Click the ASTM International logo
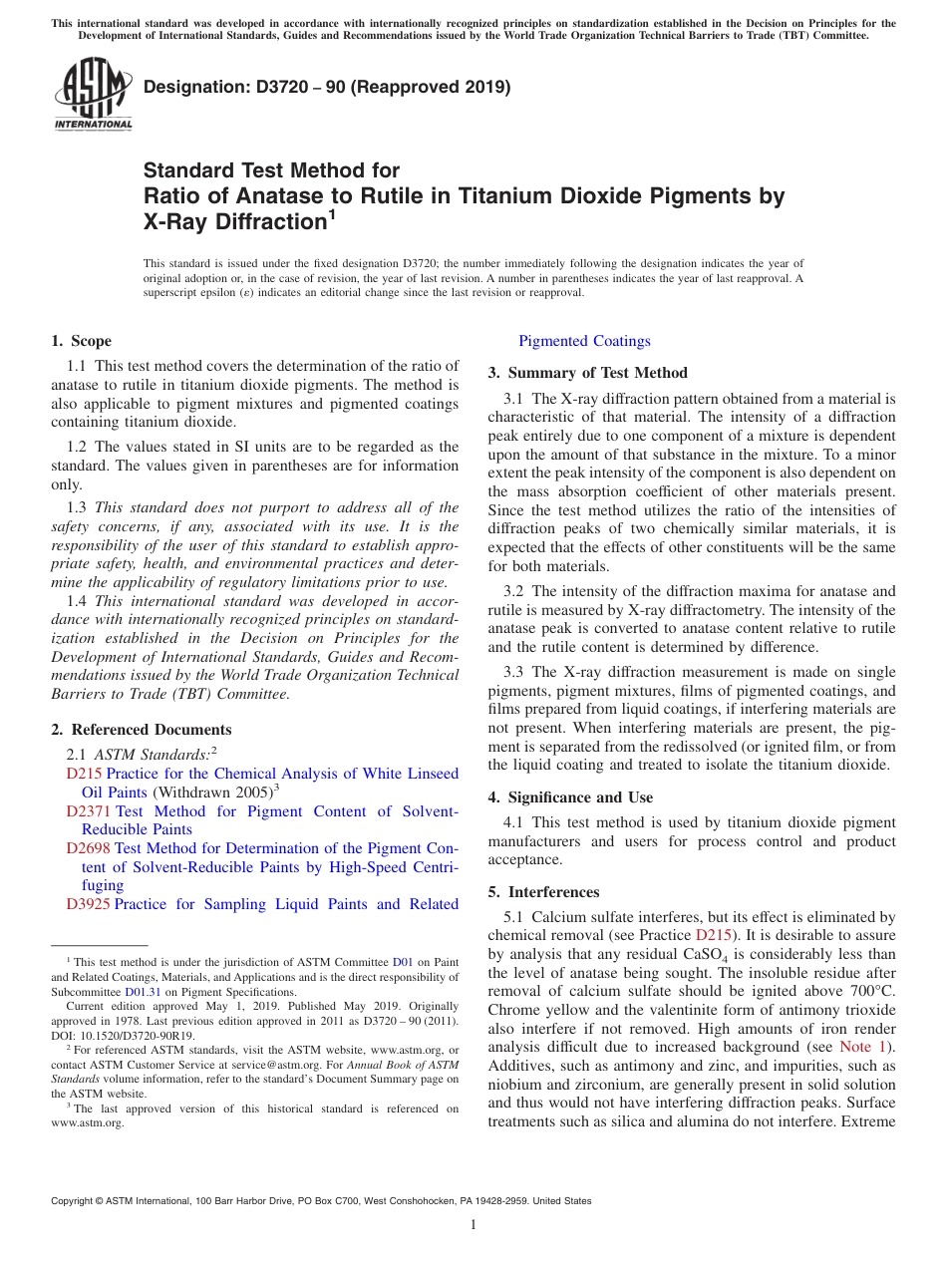point(93,94)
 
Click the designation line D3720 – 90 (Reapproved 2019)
point(327,87)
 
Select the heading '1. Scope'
point(82,341)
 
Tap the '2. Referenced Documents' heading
point(142,730)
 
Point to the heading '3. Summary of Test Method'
point(588,373)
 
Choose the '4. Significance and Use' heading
point(570,797)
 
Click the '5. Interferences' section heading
point(544,892)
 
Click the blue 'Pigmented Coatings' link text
point(584,341)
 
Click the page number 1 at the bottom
point(473,1224)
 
